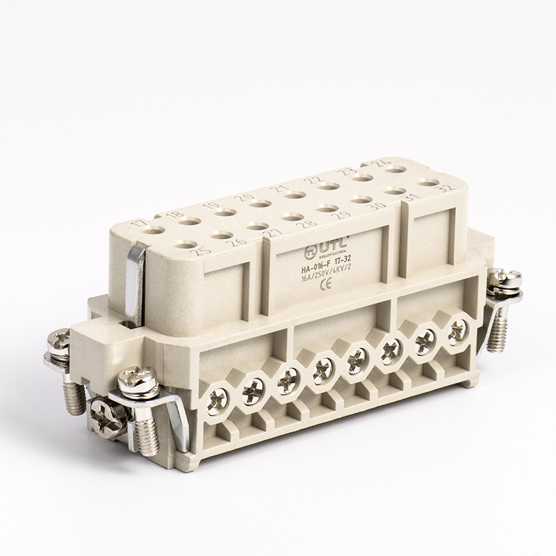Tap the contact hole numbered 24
pyautogui.click(x=396, y=169)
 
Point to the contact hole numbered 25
pyautogui.click(x=186, y=244)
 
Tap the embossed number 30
pyautogui.click(x=378, y=205)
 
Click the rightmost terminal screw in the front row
pyautogui.click(x=457, y=330)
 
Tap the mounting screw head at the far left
pyautogui.click(x=58, y=341)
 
